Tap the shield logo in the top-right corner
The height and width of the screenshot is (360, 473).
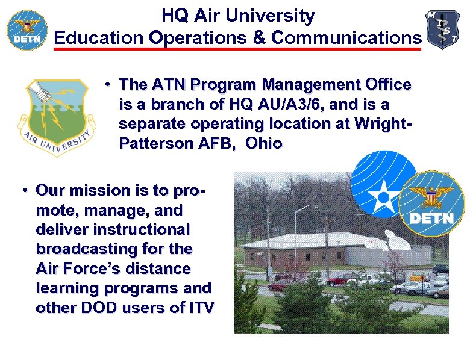click(x=443, y=29)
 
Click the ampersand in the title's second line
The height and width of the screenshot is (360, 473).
click(x=258, y=37)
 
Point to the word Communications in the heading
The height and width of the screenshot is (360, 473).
click(x=346, y=37)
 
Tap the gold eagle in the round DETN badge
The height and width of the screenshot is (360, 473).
click(x=431, y=196)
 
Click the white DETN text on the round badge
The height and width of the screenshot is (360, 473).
click(x=431, y=218)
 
